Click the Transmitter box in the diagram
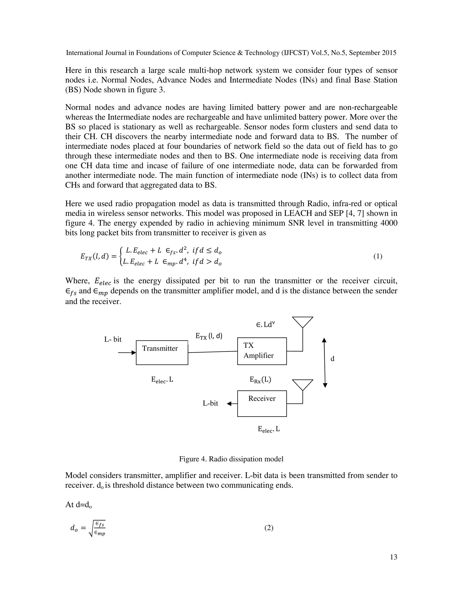(162, 352)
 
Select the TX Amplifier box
(262, 351)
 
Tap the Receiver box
(262, 403)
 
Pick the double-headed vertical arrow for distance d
(325, 363)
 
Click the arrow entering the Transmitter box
(127, 353)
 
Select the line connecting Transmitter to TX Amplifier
(213, 352)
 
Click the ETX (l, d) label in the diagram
(209, 336)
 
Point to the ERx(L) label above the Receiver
(260, 380)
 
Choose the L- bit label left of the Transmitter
(113, 339)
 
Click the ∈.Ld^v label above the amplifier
(265, 325)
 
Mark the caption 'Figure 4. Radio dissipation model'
(231, 459)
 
